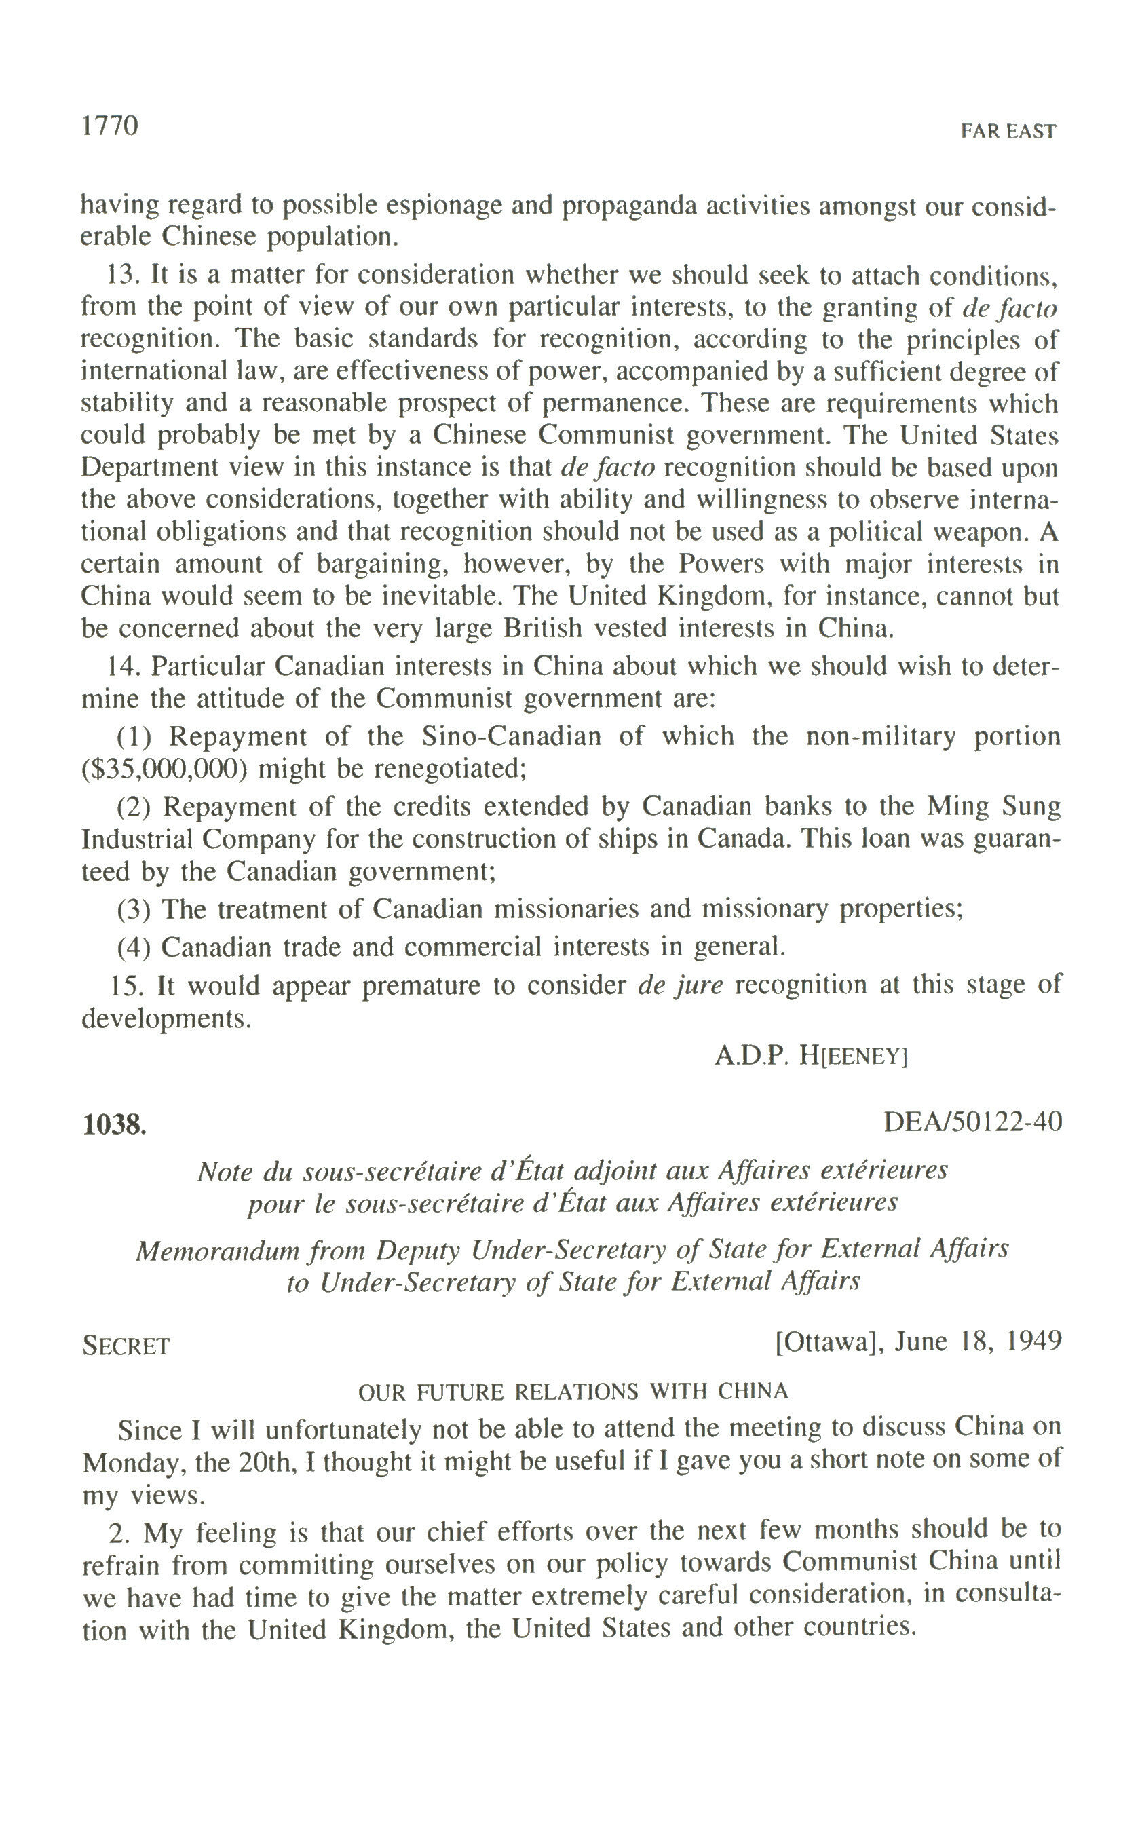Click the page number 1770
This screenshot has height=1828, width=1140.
pos(110,126)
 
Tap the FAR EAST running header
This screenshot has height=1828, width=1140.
pos(1008,132)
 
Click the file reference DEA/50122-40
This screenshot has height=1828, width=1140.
pos(972,1122)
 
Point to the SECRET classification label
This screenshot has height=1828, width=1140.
pos(126,1346)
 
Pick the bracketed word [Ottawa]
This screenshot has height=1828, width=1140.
pos(829,1341)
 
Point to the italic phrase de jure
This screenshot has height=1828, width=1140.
pos(680,985)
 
